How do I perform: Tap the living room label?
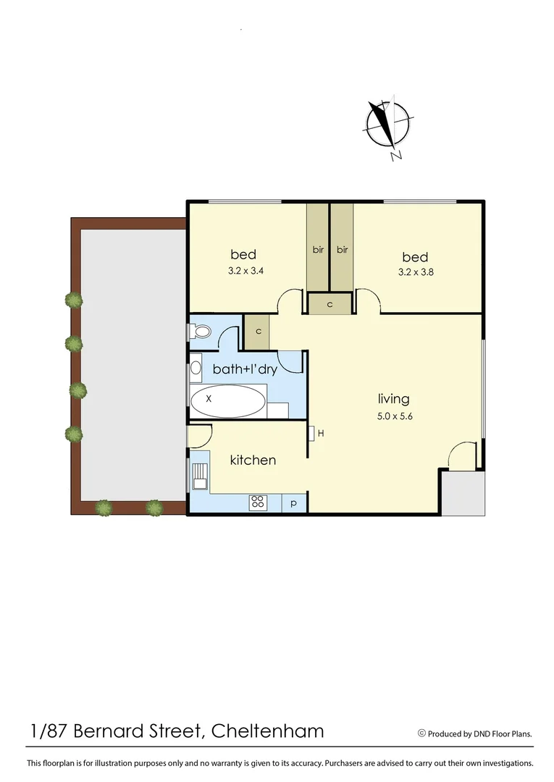click(x=393, y=399)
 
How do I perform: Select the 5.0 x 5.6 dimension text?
click(x=394, y=416)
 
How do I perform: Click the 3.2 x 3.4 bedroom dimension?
click(x=243, y=273)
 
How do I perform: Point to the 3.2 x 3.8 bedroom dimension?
click(x=415, y=273)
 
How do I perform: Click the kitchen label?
click(x=253, y=460)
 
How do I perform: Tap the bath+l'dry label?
click(x=245, y=369)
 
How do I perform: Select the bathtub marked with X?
click(x=228, y=400)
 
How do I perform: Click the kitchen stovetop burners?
click(x=259, y=503)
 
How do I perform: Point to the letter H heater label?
click(x=320, y=433)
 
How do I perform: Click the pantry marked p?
click(x=294, y=503)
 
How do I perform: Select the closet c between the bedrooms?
click(x=330, y=304)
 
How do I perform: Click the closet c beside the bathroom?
click(x=256, y=332)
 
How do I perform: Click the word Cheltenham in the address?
click(x=267, y=731)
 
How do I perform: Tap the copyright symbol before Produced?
click(x=421, y=733)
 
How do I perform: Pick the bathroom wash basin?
click(x=196, y=369)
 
